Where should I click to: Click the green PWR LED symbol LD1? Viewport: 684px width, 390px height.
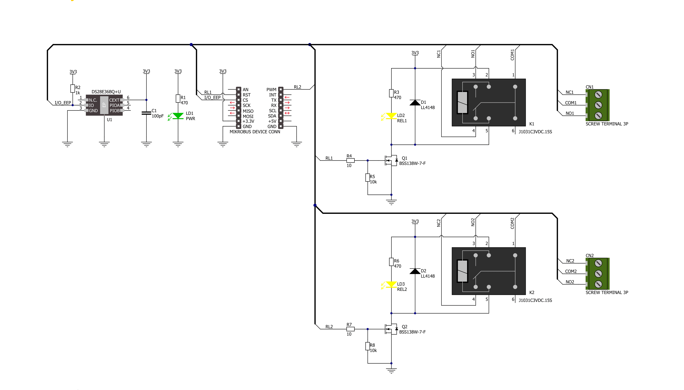pos(178,116)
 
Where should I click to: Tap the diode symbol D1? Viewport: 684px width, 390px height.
pos(415,103)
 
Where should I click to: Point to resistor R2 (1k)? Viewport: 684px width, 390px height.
pos(73,88)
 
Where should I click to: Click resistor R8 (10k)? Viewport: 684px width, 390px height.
pos(368,346)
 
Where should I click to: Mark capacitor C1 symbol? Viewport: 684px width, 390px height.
pos(146,113)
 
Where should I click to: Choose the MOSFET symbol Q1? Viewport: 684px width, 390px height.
pos(391,160)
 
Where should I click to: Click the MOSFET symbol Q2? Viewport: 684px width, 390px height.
pos(391,329)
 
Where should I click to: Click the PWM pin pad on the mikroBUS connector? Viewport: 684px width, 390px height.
pos(281,89)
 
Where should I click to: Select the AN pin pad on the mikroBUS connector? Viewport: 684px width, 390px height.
pos(239,89)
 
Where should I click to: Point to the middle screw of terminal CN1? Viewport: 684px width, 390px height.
pos(598,105)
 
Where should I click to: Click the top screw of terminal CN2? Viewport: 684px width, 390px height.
pos(598,263)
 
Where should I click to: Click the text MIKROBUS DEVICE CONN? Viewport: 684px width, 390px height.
pos(255,132)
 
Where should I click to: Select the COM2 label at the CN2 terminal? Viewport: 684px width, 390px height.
pos(571,271)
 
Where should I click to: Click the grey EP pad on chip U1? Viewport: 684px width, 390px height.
pos(104,105)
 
